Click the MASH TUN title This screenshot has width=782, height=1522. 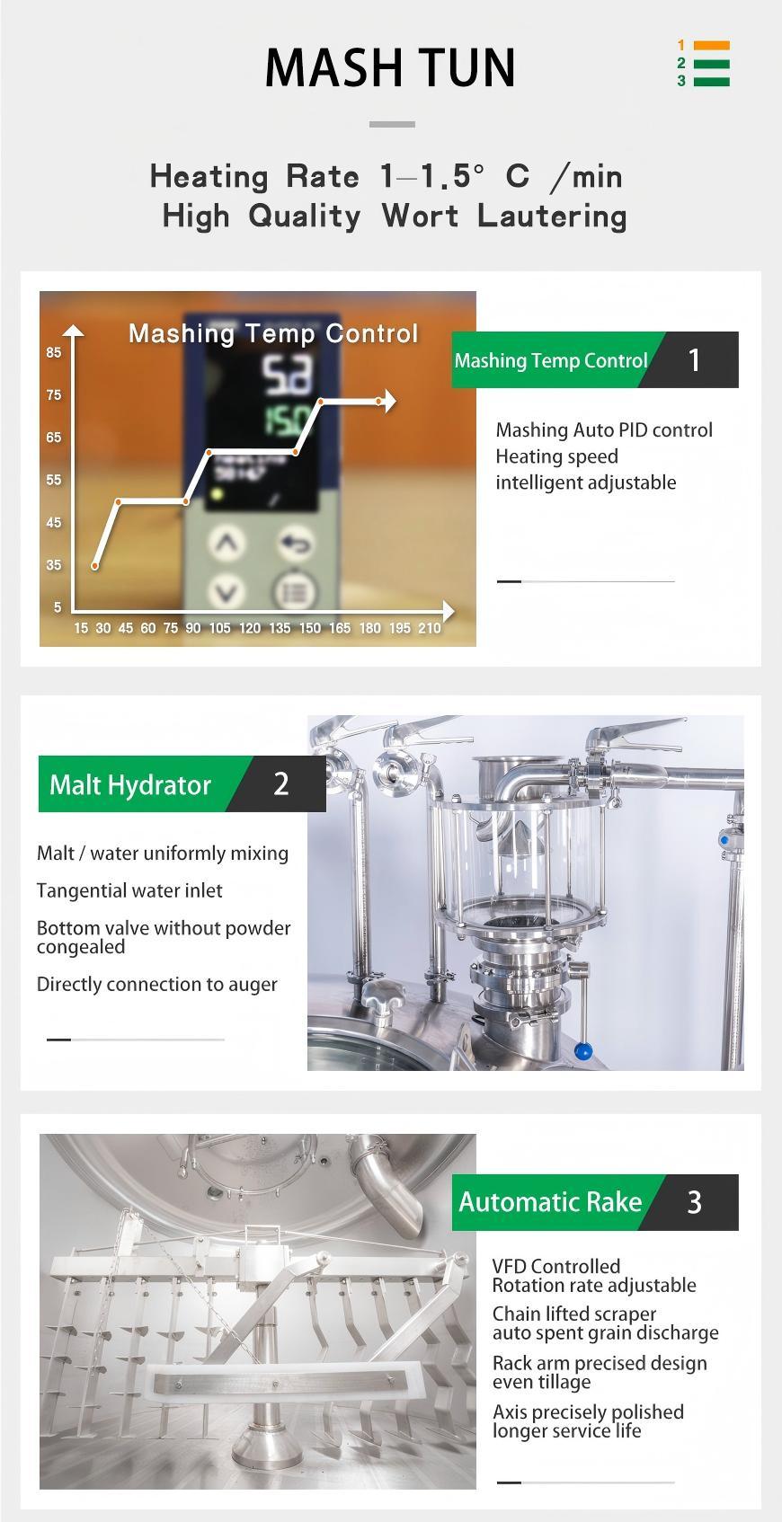click(390, 68)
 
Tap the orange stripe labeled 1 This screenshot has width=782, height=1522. click(712, 46)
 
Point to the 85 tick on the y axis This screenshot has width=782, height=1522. click(54, 352)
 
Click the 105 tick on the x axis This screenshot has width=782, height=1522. click(220, 628)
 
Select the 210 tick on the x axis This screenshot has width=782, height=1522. click(430, 628)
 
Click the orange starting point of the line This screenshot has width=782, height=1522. click(95, 565)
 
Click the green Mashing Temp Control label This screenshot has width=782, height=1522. click(550, 360)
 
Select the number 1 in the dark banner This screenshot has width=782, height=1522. click(694, 360)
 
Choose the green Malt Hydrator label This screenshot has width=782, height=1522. click(130, 784)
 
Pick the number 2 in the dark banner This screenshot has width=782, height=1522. click(281, 783)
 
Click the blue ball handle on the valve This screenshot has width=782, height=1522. click(582, 1050)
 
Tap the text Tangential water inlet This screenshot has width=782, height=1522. click(129, 890)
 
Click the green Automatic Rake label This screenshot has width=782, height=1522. click(550, 1202)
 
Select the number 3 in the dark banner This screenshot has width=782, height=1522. click(694, 1202)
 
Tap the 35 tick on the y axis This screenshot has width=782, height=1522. click(54, 565)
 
